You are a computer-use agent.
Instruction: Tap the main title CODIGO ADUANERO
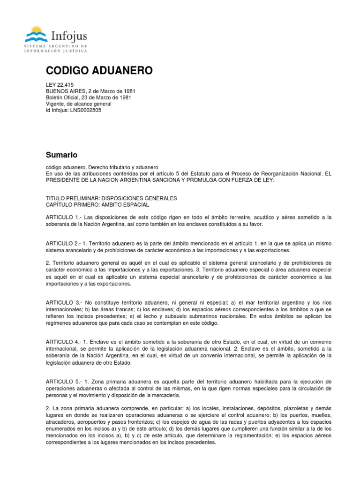(99, 71)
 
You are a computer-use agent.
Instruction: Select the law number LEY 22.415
(60, 85)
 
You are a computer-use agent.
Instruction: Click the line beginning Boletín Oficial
(88, 97)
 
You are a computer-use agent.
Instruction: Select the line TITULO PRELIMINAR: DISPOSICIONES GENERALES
(111, 198)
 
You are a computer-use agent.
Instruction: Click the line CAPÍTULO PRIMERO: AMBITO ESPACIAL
(97, 205)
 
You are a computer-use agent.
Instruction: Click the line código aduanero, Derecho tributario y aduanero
(102, 167)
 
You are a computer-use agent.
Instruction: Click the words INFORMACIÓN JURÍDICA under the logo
(57, 51)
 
